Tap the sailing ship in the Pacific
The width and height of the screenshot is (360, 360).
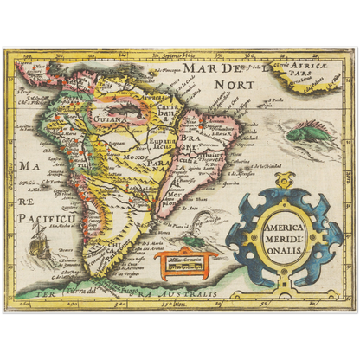[x=39, y=248]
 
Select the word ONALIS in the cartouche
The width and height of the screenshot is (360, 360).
[x=280, y=241]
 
